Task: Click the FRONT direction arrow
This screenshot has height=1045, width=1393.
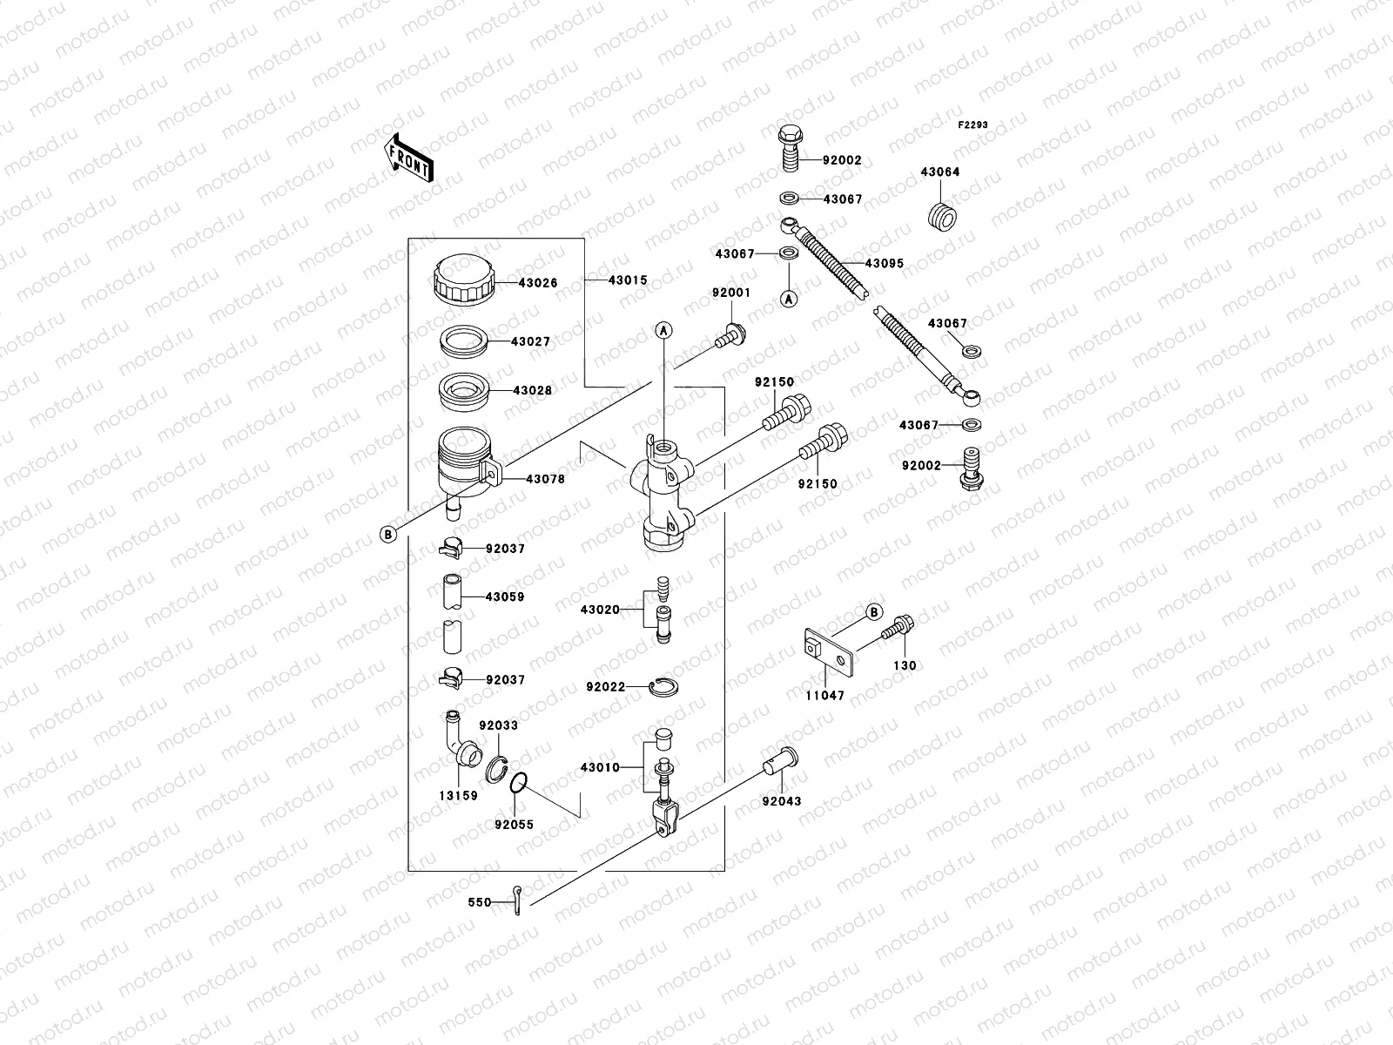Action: click(408, 158)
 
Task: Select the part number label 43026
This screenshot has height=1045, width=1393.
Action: click(538, 283)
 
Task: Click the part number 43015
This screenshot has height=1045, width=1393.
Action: click(628, 280)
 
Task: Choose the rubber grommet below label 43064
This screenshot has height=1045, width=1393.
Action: click(940, 214)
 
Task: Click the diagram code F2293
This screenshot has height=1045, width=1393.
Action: click(973, 125)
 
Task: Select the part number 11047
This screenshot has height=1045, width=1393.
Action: click(824, 697)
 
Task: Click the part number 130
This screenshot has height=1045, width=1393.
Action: click(905, 665)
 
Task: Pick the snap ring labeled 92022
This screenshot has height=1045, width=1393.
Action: click(664, 687)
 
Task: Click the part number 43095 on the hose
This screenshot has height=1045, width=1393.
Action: click(884, 263)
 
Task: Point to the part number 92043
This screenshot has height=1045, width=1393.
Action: click(781, 801)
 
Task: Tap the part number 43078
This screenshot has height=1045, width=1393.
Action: click(544, 479)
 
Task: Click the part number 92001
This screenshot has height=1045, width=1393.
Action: click(730, 293)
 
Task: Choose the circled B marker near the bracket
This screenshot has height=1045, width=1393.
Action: click(874, 612)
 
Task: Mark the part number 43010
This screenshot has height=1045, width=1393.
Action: click(600, 768)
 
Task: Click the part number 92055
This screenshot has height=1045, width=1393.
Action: click(514, 824)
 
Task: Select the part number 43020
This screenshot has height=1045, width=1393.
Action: click(600, 610)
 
